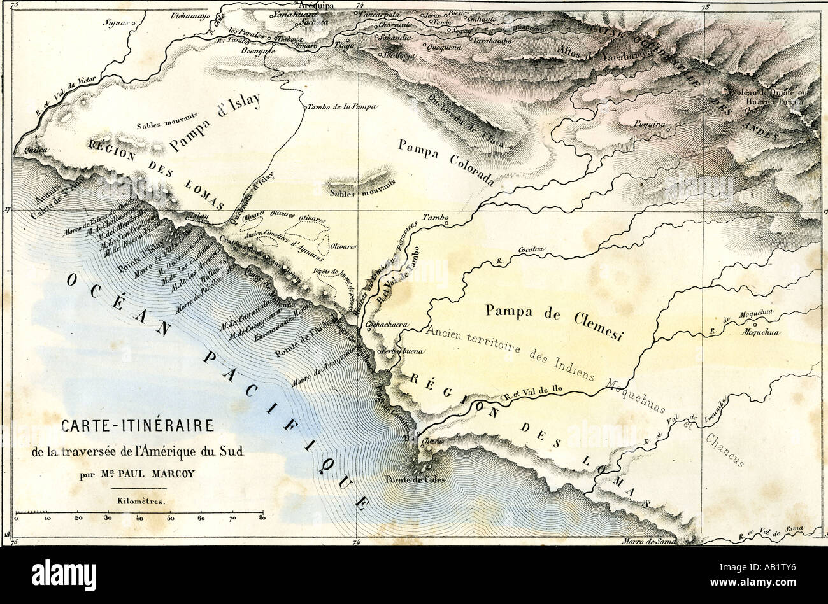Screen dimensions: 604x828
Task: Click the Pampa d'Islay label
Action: (215, 124)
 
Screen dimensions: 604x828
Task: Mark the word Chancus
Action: (725, 449)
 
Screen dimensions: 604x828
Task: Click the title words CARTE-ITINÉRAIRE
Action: (137, 426)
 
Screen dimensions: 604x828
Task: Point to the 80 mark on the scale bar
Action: (262, 519)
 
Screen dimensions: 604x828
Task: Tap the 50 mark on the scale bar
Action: (170, 519)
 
